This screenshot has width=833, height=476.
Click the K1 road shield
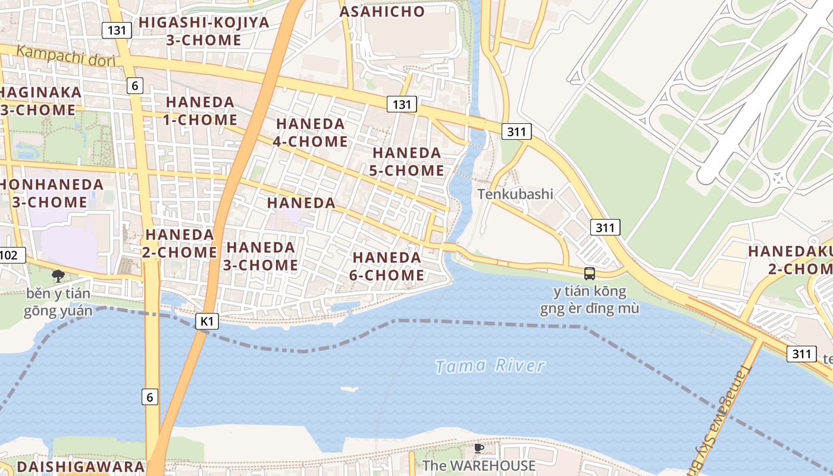tap(206, 322)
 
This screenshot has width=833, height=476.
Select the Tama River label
tap(489, 366)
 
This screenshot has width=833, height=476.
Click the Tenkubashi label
tap(515, 194)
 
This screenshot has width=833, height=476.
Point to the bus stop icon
tap(589, 274)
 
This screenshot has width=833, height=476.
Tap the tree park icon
tap(58, 275)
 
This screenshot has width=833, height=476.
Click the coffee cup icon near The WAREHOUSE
tap(478, 448)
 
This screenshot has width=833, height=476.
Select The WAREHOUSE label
tap(478, 465)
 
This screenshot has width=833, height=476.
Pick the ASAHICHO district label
tap(382, 11)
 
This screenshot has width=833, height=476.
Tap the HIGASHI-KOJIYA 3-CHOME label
tap(204, 32)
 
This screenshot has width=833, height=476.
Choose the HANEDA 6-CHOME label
tap(387, 266)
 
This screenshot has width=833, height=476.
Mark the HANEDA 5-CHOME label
tap(408, 162)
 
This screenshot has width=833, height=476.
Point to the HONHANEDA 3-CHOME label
tap(51, 193)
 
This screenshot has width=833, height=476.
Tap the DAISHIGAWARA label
tap(80, 466)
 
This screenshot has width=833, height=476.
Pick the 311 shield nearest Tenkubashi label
tap(605, 227)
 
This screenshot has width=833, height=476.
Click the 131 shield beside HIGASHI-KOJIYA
tap(116, 30)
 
